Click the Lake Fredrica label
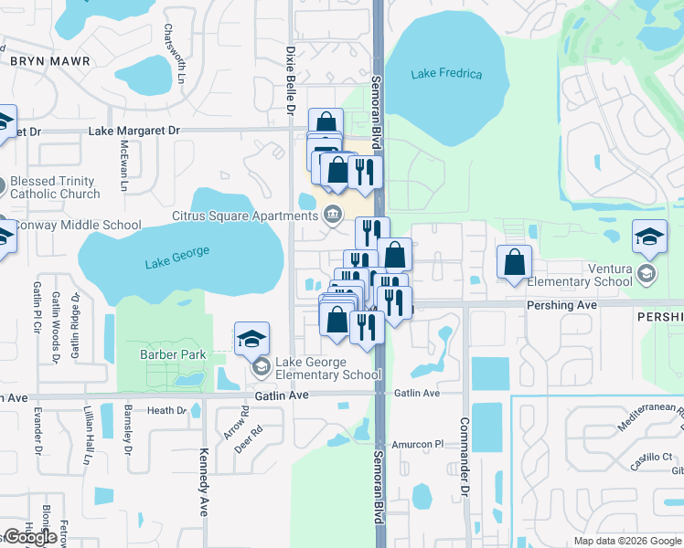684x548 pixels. (x=446, y=74)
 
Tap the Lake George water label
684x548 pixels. (x=177, y=258)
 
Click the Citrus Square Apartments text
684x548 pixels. (x=244, y=216)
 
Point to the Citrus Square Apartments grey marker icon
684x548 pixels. (x=333, y=216)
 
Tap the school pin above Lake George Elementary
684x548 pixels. (x=251, y=340)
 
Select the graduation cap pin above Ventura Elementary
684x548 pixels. (x=650, y=238)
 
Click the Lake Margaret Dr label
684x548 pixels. (x=134, y=131)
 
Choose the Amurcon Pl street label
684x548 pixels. (x=417, y=444)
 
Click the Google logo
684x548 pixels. (x=30, y=537)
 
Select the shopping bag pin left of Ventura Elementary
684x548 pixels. (x=515, y=262)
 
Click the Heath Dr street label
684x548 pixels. (x=166, y=411)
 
